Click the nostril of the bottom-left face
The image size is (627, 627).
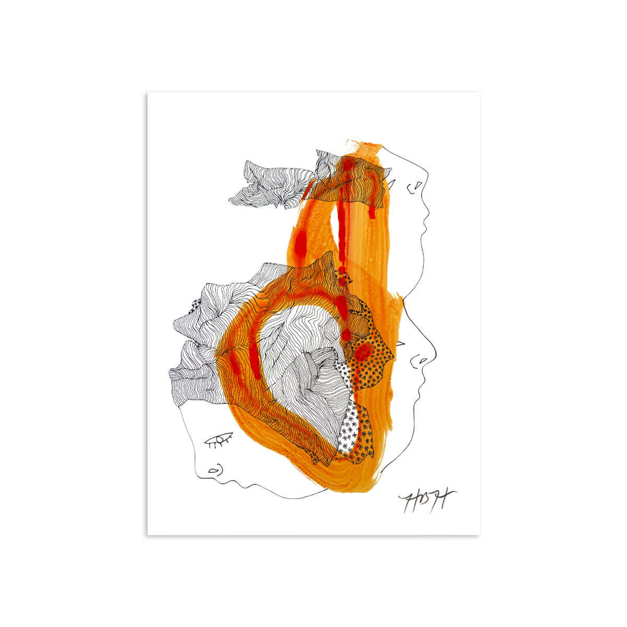(x=213, y=470)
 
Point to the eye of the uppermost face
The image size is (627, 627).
(x=392, y=184)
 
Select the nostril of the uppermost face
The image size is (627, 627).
(x=416, y=185)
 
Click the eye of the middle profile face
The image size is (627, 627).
(x=401, y=344)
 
